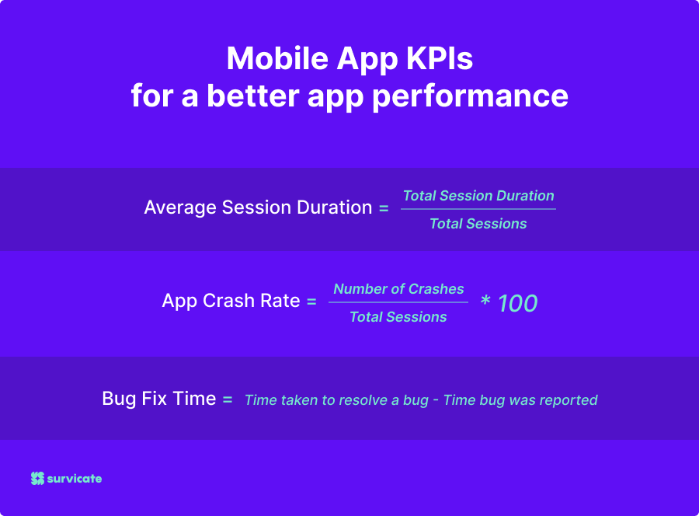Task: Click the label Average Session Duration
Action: [258, 207]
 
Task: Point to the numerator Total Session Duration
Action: [478, 196]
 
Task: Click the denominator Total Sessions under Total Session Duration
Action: [478, 224]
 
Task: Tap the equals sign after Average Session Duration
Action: [384, 208]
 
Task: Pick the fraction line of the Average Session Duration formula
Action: [478, 209]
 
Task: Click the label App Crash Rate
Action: [231, 301]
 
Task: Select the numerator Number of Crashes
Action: [398, 289]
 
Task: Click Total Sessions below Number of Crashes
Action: [398, 317]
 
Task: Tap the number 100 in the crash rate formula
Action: [517, 303]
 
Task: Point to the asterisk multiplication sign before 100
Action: [485, 302]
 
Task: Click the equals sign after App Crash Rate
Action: [311, 302]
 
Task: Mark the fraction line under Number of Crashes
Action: [398, 302]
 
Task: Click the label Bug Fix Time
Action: [158, 399]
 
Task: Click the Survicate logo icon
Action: [37, 479]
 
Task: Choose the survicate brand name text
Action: [75, 479]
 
